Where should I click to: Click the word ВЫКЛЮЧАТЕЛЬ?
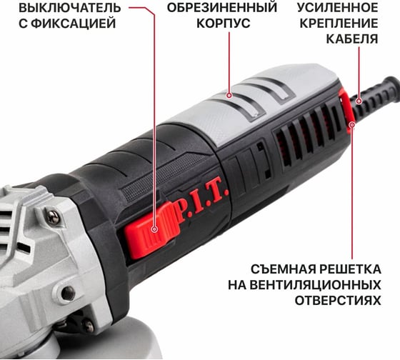click(x=70, y=8)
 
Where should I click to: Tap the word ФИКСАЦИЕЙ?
click(x=75, y=24)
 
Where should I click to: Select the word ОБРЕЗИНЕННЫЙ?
click(x=222, y=7)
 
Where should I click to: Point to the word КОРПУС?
click(x=223, y=24)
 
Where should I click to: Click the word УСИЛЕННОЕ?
click(x=337, y=7)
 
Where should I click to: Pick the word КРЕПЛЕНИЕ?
click(x=339, y=24)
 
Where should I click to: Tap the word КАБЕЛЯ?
click(x=352, y=39)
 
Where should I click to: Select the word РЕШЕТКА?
click(x=351, y=269)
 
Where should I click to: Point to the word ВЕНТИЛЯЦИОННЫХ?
click(x=315, y=285)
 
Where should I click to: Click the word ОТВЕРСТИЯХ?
click(x=338, y=301)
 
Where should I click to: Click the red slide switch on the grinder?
click(x=151, y=229)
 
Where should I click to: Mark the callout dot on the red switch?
click(x=154, y=229)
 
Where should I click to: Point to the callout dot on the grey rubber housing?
click(x=229, y=96)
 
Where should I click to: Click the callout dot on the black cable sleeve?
click(x=359, y=101)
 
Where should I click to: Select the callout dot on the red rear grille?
click(x=352, y=125)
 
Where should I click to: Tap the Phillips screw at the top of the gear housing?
click(x=54, y=217)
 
